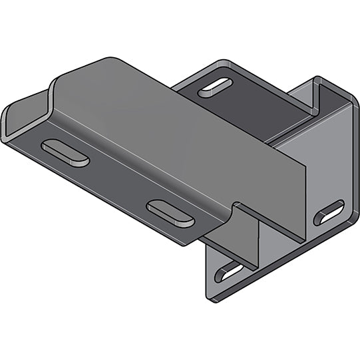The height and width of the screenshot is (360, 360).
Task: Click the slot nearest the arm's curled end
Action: [65, 152]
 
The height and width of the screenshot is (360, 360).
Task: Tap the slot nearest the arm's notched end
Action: [170, 213]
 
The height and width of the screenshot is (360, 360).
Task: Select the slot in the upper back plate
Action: [215, 88]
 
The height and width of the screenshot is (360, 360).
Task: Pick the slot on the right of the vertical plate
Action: [329, 212]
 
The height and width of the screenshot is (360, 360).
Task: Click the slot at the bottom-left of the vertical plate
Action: [230, 271]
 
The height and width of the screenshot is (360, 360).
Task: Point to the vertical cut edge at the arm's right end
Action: [305, 200]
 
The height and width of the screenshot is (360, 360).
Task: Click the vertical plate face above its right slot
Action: [329, 166]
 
